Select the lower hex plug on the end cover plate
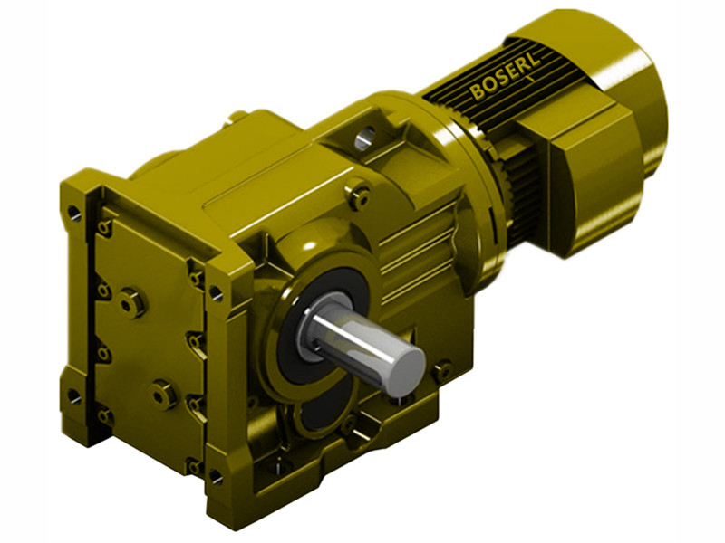164,394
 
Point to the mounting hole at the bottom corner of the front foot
215,475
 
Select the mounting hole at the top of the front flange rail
216,292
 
